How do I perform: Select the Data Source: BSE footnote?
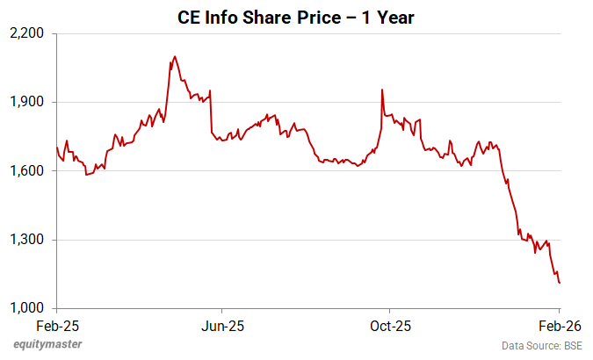pos(542,346)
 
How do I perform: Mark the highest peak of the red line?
pos(175,57)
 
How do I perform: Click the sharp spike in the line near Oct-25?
pos(382,90)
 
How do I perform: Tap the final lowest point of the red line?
pos(560,283)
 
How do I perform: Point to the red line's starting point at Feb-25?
pos(57,148)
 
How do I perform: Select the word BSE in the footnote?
pos(571,346)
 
